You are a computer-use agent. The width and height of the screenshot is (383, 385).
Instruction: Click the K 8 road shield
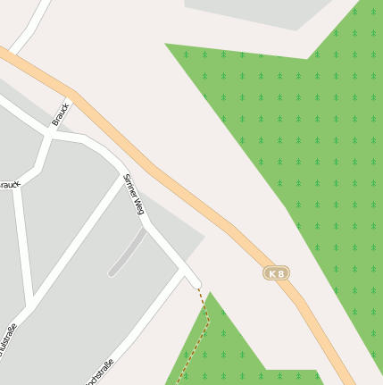(277, 272)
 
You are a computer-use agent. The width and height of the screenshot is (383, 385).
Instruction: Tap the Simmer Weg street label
(135, 195)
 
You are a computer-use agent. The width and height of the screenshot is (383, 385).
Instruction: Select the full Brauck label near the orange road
(61, 116)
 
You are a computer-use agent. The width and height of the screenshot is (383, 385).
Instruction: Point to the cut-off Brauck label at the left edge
(9, 185)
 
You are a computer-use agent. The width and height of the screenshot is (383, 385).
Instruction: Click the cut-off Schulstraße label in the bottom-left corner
(9, 339)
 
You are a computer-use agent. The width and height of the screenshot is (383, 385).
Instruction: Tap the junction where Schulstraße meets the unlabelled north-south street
(31, 299)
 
